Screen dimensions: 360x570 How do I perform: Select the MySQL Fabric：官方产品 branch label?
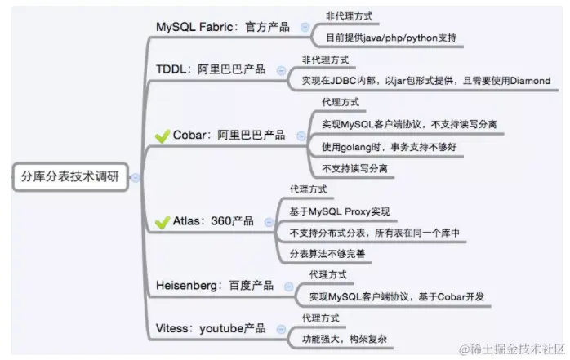(223, 27)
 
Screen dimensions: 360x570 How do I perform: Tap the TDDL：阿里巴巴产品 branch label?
(211, 69)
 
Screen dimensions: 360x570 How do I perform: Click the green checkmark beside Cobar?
(162, 135)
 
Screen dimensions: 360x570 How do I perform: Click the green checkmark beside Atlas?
(162, 221)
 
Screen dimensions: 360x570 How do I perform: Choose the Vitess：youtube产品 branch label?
(211, 328)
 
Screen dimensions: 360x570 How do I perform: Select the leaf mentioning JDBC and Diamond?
(425, 80)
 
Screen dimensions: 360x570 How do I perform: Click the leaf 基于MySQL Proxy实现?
(344, 211)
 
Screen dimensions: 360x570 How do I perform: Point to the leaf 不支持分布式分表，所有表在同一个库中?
(374, 233)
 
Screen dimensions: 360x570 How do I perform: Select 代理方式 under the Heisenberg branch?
(327, 275)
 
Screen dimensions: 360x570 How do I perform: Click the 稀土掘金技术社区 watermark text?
(511, 349)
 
